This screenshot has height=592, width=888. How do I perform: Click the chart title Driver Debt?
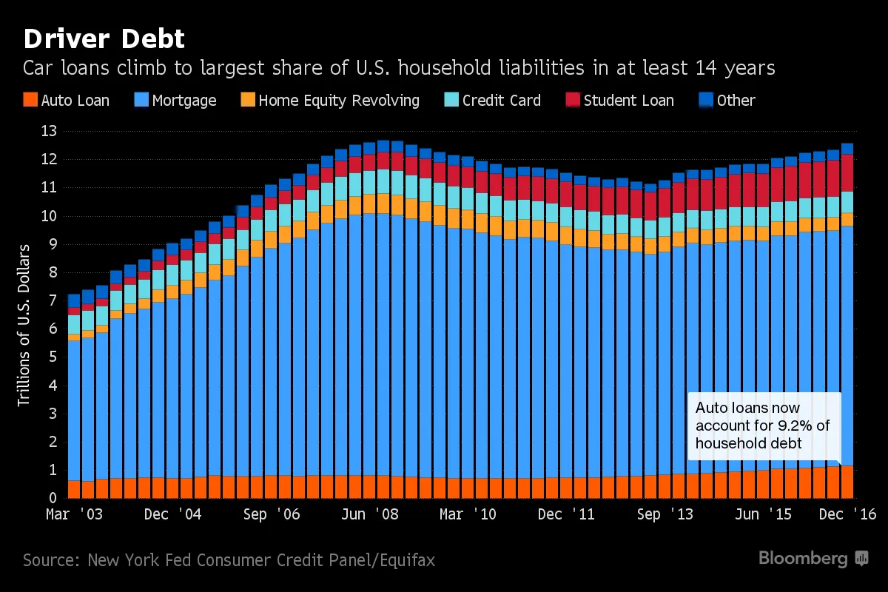click(x=104, y=38)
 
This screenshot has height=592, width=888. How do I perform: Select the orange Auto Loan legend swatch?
click(x=30, y=100)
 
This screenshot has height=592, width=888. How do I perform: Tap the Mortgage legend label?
click(x=184, y=101)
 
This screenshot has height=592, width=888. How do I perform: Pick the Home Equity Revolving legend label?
click(x=339, y=101)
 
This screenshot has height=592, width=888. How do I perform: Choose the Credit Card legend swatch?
click(x=451, y=100)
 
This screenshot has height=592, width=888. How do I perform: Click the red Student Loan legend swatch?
click(x=573, y=100)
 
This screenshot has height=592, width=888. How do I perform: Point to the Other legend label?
click(x=736, y=101)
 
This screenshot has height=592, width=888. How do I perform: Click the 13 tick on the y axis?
click(x=49, y=132)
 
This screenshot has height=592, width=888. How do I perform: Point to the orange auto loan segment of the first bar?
click(x=73, y=489)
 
